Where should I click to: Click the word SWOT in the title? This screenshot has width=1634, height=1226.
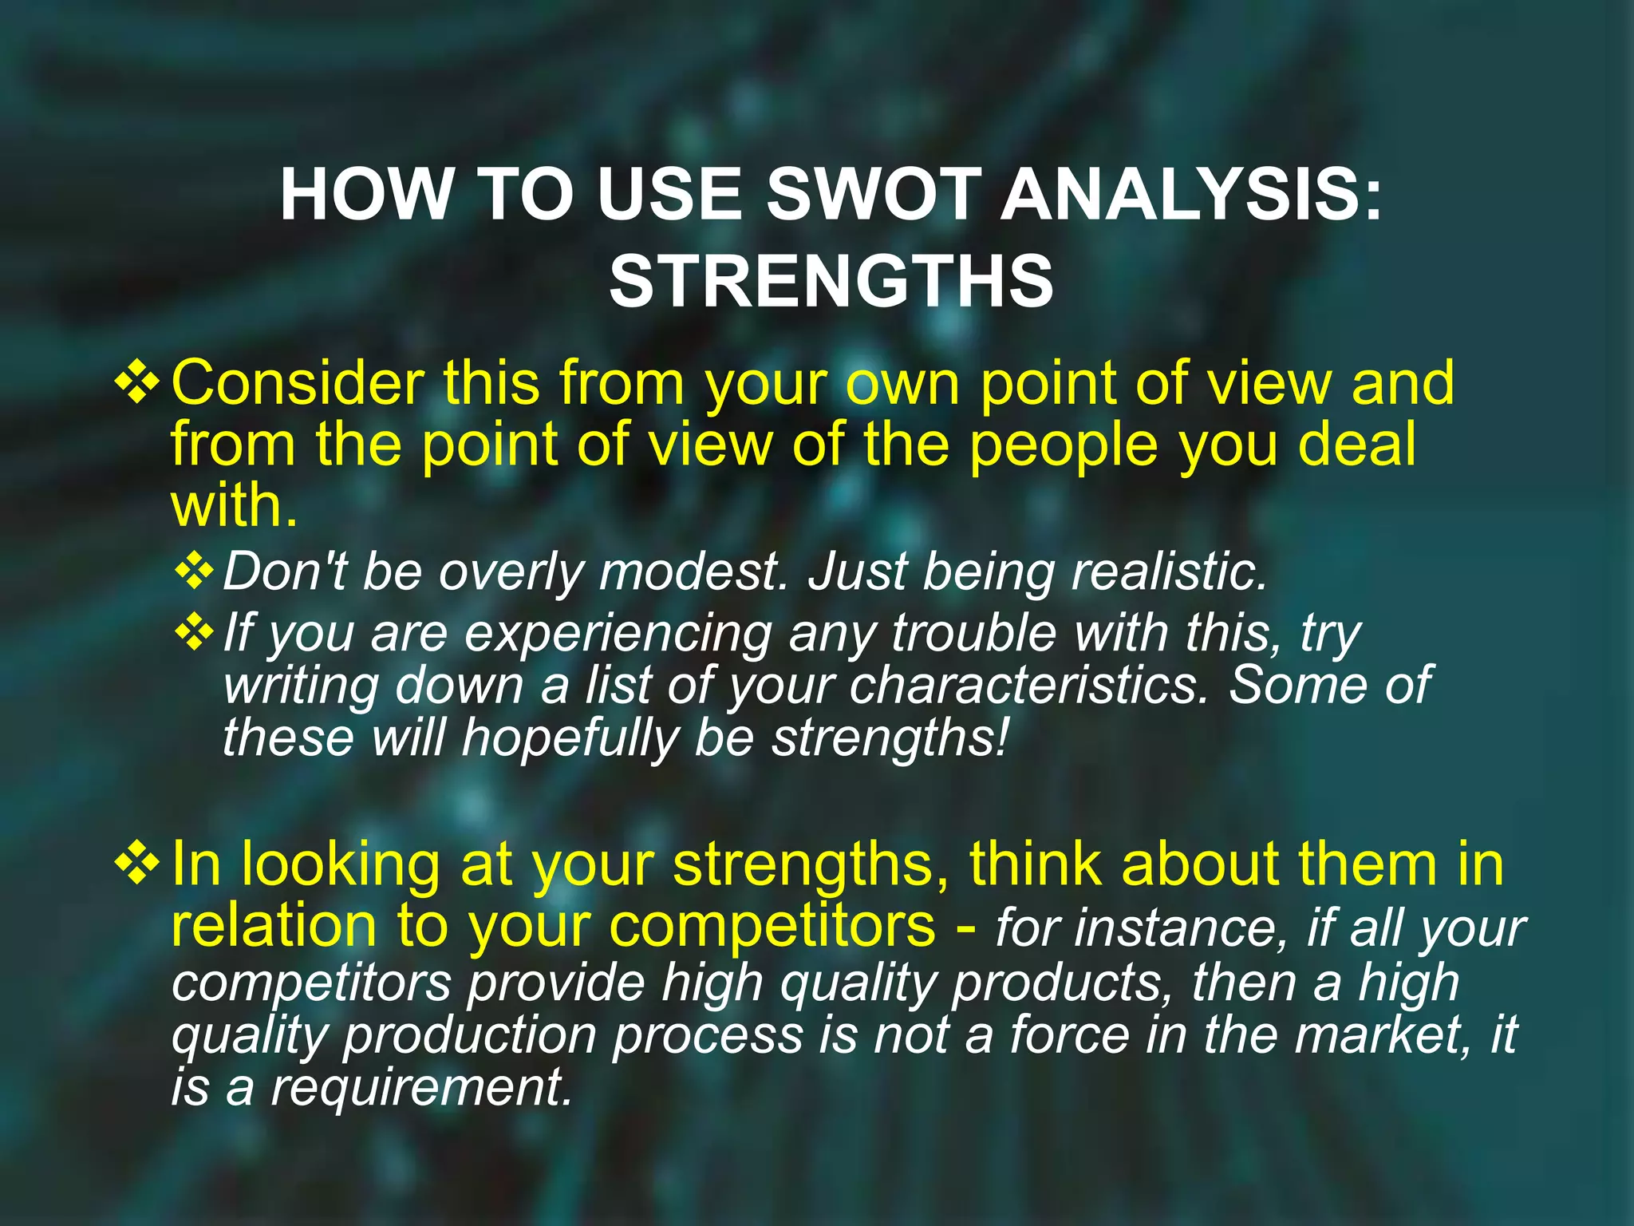pos(873,196)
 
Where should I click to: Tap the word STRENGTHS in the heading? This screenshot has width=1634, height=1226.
pos(831,281)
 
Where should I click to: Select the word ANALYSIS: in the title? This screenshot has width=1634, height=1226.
pos(1190,196)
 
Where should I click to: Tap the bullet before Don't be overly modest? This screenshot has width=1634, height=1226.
pos(194,572)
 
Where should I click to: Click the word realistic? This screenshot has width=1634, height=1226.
pos(1169,572)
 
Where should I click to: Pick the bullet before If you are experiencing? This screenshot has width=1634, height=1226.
pos(194,633)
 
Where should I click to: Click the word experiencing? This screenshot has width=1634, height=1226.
pos(618,633)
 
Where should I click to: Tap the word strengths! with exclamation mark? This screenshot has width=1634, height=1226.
pos(890,738)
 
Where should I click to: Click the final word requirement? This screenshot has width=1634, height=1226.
pos(421,1088)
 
